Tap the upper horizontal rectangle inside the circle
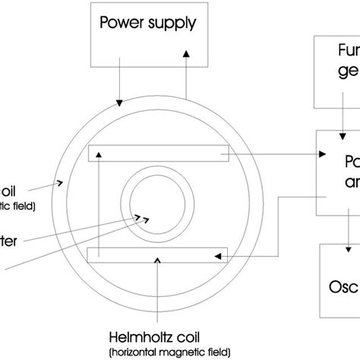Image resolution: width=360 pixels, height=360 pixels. [x=159, y=154]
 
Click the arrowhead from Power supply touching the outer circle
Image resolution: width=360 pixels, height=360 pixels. [x=118, y=119]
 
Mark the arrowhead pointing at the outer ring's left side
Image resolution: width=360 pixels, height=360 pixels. [x=64, y=182]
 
